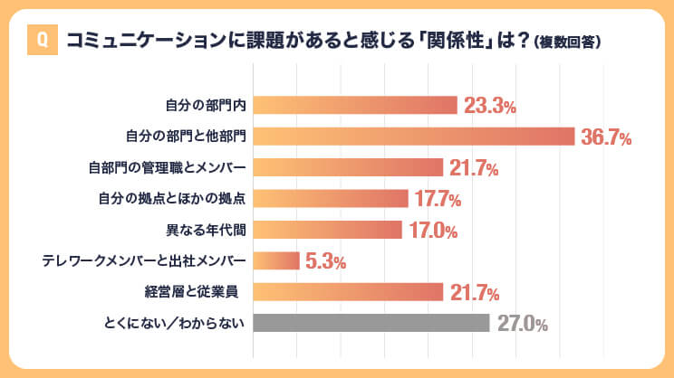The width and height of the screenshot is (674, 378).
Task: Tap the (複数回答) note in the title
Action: tap(568, 42)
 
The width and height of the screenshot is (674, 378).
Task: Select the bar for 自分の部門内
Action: tap(355, 105)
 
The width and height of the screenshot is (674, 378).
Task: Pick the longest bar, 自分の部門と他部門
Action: tap(414, 137)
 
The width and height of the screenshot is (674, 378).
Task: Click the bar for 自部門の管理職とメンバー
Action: tap(348, 167)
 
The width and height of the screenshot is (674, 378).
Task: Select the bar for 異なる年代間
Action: tap(327, 230)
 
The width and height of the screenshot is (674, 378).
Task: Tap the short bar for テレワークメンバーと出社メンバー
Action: tap(276, 261)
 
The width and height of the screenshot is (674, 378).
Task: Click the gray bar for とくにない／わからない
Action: tap(371, 323)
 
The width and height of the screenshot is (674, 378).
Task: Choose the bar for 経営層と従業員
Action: tap(348, 292)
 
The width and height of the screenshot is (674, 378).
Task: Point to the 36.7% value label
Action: tap(606, 137)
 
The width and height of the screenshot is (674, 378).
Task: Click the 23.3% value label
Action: tap(489, 106)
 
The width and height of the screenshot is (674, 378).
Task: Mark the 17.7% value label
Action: tap(438, 199)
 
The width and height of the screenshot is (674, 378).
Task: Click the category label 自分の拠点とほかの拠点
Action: tap(172, 199)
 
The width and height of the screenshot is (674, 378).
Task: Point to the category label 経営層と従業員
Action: tap(196, 292)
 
